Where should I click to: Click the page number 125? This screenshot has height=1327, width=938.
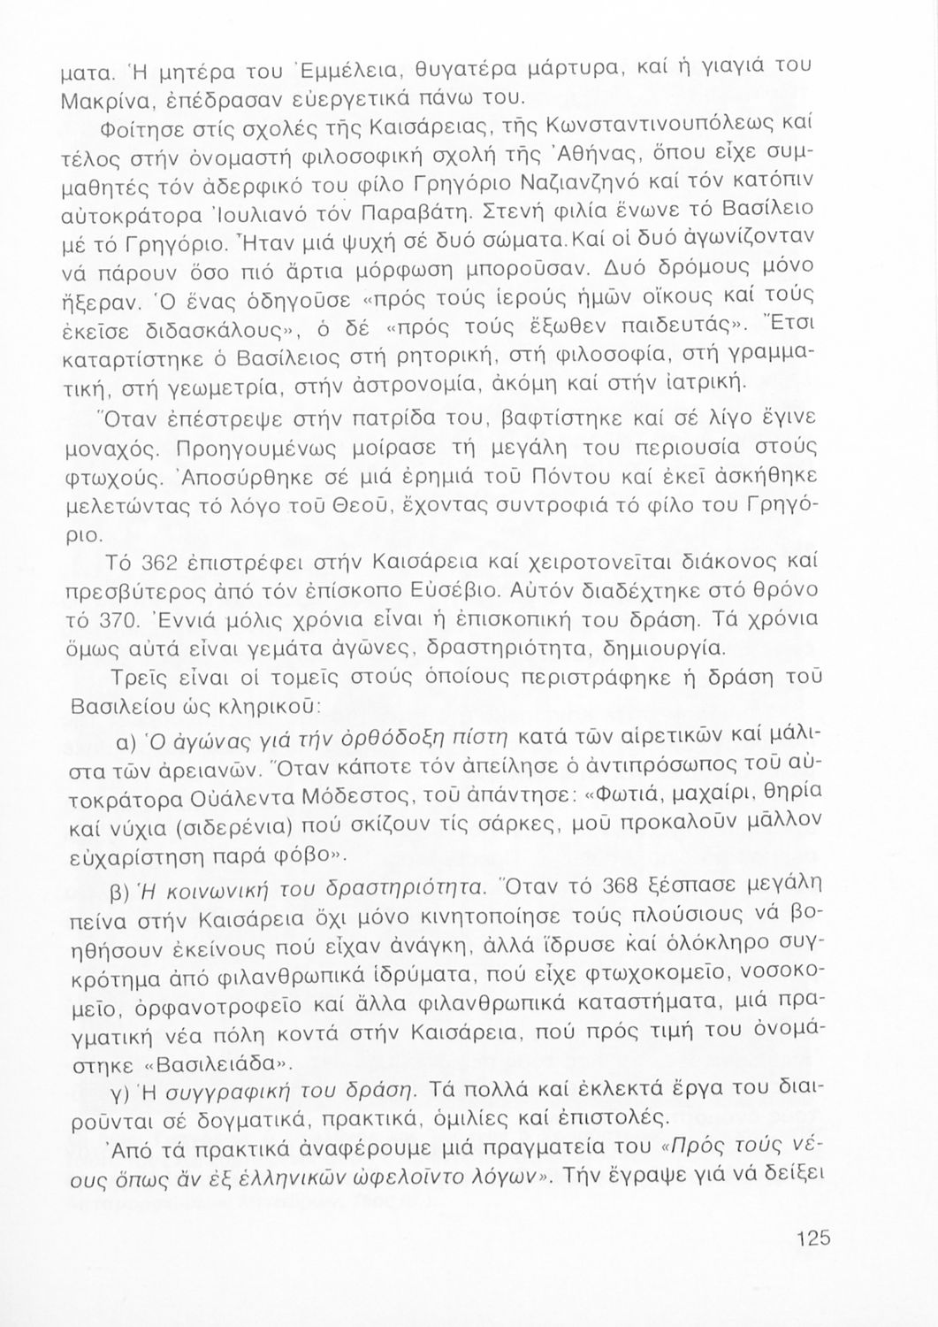812,1239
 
